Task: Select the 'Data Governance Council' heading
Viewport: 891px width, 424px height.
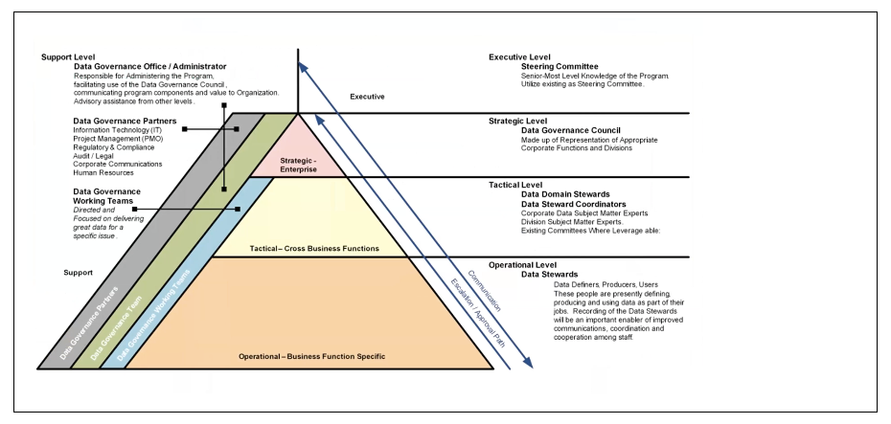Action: (x=564, y=130)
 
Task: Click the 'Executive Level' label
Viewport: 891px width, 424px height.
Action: (x=519, y=56)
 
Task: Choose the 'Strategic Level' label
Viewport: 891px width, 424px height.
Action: (x=518, y=121)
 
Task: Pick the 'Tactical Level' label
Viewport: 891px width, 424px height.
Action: (x=515, y=185)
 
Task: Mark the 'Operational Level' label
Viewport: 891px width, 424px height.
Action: (x=523, y=264)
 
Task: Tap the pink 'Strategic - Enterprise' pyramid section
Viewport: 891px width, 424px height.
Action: (x=298, y=164)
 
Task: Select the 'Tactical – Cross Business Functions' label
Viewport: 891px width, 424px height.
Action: (x=314, y=249)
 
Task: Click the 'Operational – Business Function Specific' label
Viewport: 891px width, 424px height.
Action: (x=311, y=356)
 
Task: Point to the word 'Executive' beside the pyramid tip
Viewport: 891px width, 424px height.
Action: (x=367, y=97)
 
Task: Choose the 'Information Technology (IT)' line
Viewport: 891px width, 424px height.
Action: (x=124, y=131)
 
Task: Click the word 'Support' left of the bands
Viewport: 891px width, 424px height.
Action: (x=78, y=273)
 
